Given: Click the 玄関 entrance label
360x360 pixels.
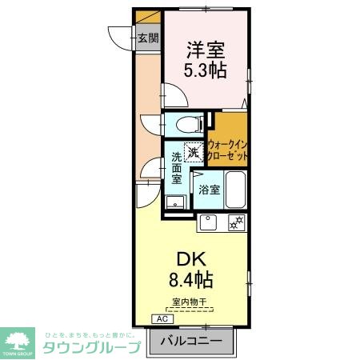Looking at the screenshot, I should tap(147, 38).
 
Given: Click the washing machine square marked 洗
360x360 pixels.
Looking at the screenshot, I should tap(194, 150).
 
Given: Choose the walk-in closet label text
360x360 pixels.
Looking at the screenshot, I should tap(227, 150).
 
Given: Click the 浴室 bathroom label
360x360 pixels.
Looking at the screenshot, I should tap(209, 190).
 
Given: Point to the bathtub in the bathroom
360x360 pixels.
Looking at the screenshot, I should tap(234, 190).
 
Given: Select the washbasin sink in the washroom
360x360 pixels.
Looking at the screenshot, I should tap(174, 203).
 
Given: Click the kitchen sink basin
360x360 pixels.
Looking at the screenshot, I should tap(209, 222).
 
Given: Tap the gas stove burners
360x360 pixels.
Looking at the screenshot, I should tap(236, 222).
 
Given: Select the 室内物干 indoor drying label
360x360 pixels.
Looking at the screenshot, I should tap(190, 302).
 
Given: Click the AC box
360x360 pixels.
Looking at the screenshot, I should tap(162, 318).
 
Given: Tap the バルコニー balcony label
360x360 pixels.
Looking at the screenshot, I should tap(190, 341).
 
